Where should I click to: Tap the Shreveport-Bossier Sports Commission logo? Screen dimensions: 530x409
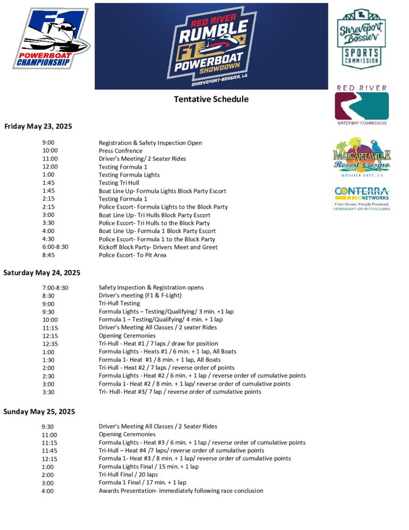tap(361, 38)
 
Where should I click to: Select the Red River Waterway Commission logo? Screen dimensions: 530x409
tap(361, 105)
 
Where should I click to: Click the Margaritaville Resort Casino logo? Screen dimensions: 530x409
tap(362, 157)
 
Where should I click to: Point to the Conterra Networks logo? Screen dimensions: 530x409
tap(362, 198)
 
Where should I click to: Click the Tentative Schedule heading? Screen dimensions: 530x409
tap(211, 99)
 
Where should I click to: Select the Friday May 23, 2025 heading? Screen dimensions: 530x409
tap(38, 126)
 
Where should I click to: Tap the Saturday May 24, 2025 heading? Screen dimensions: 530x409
tap(42, 272)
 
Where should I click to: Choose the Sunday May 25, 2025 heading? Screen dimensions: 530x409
tap(39, 411)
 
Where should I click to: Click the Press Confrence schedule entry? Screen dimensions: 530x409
tap(120, 151)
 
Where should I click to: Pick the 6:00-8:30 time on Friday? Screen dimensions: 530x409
tap(55, 247)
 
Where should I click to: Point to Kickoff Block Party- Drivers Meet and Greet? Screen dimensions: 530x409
tap(158, 247)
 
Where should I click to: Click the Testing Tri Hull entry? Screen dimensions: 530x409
tap(119, 183)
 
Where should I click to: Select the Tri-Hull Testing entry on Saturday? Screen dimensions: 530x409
tap(119, 303)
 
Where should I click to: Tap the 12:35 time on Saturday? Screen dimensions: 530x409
tap(50, 344)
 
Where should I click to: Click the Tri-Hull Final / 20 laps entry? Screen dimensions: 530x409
tap(128, 475)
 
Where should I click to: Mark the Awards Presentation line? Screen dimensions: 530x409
tap(180, 491)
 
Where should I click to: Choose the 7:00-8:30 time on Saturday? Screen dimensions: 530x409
tap(55, 287)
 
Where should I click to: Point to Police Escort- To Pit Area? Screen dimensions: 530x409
tap(132, 255)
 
